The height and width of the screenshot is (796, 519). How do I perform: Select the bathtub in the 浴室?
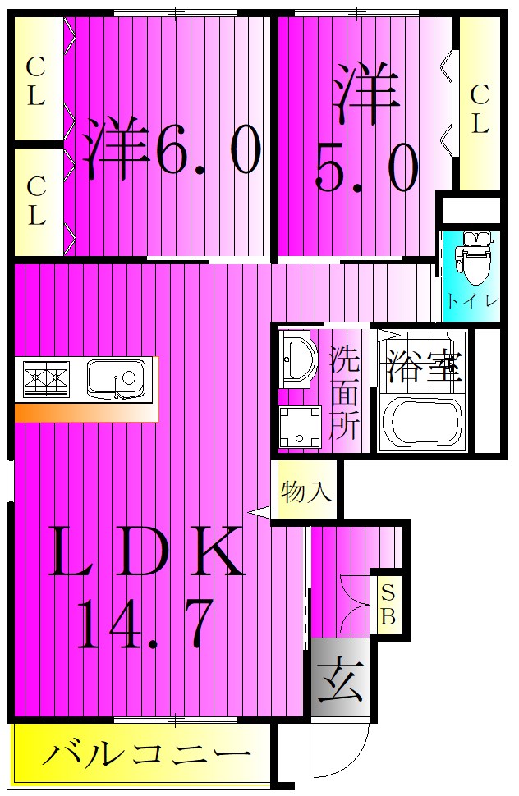[x=421, y=421]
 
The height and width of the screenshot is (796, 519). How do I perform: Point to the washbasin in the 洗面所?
[x=296, y=359]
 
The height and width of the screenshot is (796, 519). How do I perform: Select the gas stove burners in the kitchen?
[x=47, y=378]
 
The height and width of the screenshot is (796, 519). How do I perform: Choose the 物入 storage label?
[x=306, y=492]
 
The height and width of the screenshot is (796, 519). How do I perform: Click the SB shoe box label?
[x=388, y=603]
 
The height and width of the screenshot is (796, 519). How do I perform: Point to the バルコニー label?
[x=145, y=753]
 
